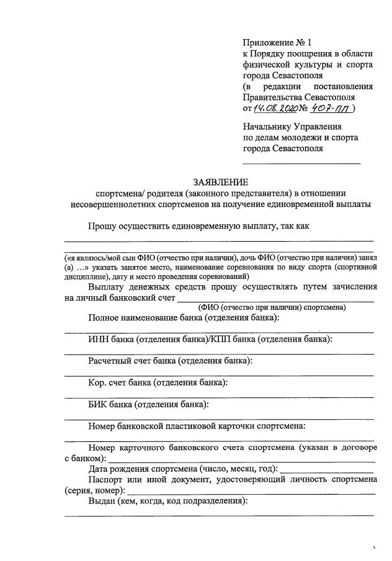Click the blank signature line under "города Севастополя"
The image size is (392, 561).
point(301,162)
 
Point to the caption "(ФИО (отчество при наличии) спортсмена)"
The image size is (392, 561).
point(272,307)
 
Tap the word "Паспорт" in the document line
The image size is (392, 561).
point(107,479)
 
